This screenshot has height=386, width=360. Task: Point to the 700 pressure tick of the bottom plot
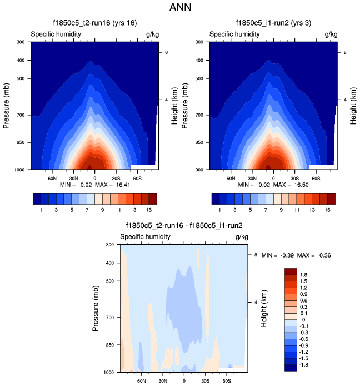(109, 318)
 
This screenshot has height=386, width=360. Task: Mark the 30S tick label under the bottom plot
(206, 381)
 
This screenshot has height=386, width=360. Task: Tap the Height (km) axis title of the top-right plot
(352, 105)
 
